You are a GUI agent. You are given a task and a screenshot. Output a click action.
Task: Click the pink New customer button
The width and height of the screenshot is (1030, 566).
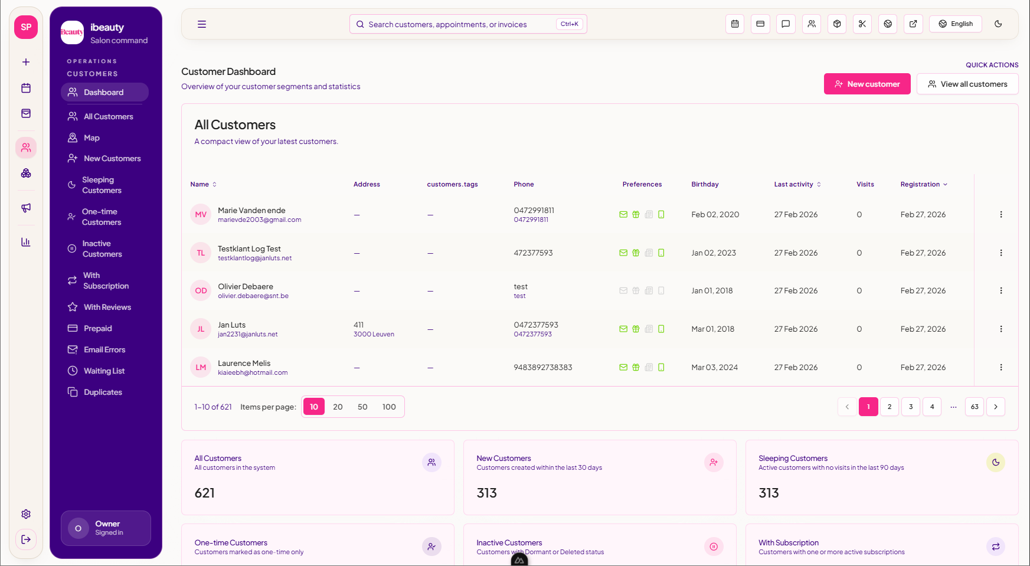pyautogui.click(x=866, y=84)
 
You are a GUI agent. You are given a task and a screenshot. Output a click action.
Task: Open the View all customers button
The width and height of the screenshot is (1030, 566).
pyautogui.click(x=967, y=84)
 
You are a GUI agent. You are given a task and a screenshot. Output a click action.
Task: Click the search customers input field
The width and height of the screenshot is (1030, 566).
pyautogui.click(x=460, y=24)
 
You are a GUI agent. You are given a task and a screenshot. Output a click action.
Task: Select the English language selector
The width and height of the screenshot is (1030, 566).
pyautogui.click(x=955, y=24)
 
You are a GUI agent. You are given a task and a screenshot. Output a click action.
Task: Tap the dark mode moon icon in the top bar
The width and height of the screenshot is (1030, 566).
pyautogui.click(x=998, y=24)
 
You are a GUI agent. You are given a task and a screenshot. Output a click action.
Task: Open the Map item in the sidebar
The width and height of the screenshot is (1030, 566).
pyautogui.click(x=91, y=138)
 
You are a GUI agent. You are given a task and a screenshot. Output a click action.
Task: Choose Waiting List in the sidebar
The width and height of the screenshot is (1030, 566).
pyautogui.click(x=104, y=371)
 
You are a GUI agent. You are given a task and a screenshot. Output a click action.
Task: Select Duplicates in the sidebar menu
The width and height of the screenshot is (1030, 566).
pyautogui.click(x=103, y=392)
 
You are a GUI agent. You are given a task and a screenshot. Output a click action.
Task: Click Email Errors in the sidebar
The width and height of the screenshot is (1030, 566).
pyautogui.click(x=104, y=349)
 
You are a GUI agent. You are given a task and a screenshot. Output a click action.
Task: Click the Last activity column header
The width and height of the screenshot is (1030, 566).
pyautogui.click(x=794, y=184)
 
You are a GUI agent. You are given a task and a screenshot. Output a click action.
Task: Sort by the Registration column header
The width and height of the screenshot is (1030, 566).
pyautogui.click(x=920, y=184)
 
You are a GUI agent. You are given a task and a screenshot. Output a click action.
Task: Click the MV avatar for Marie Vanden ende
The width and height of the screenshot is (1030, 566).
pyautogui.click(x=201, y=215)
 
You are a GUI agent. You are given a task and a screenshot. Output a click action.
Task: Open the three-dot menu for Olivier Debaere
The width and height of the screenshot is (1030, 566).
pyautogui.click(x=1000, y=290)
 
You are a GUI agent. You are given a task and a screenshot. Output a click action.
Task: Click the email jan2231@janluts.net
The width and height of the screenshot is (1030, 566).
pyautogui.click(x=247, y=334)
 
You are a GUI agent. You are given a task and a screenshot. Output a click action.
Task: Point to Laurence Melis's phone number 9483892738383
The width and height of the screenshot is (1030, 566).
pyautogui.click(x=542, y=367)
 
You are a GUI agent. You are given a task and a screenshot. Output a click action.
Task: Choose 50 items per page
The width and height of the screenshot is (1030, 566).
pyautogui.click(x=362, y=407)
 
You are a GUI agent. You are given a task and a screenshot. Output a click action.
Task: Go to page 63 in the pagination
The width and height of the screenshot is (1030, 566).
pyautogui.click(x=974, y=407)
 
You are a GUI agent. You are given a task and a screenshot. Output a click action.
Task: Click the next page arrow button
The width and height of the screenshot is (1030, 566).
pyautogui.click(x=995, y=407)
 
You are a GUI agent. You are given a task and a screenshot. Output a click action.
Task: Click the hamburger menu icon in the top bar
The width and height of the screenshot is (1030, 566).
pyautogui.click(x=202, y=24)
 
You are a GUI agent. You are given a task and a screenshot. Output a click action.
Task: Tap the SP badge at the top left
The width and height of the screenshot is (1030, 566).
pyautogui.click(x=26, y=27)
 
